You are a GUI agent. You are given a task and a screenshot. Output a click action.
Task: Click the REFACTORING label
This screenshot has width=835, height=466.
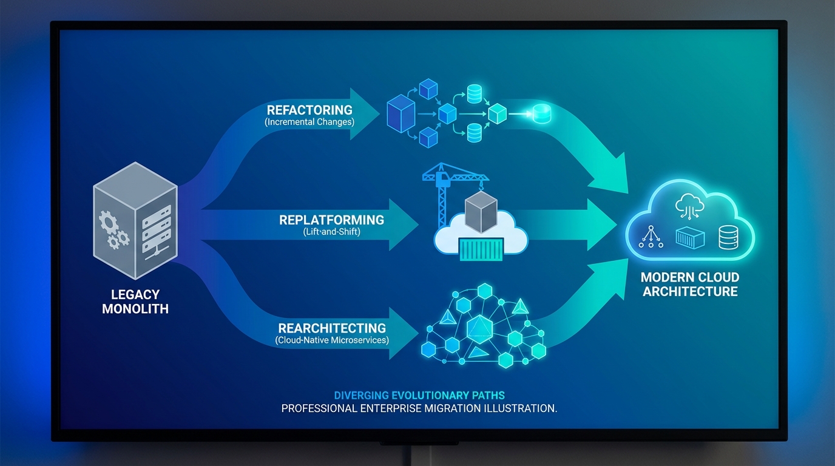309,110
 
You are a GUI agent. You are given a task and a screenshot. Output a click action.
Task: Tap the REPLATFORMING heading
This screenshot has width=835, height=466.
331,220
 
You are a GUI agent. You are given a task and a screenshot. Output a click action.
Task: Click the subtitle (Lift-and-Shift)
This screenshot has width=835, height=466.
331,232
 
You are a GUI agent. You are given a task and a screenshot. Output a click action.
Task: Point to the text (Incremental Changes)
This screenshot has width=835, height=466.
309,121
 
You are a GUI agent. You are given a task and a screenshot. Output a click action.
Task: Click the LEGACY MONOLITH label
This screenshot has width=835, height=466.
135,302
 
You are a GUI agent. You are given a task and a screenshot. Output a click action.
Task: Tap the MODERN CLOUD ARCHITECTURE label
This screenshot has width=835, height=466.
690,285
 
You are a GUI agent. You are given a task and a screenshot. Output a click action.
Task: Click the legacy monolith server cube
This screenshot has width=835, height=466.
135,218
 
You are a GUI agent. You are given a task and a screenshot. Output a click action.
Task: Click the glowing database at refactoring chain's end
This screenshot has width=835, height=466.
540,113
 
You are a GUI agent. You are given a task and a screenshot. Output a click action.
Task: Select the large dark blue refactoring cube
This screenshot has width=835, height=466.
401,113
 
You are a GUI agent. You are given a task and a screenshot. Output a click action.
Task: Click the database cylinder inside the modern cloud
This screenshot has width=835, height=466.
727,237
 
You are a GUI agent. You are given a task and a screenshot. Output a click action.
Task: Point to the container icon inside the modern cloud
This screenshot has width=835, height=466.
690,238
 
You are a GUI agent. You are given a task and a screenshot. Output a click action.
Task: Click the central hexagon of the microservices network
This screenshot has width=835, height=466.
479,330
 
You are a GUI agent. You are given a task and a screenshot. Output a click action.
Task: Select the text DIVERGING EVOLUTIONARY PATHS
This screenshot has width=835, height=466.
419,396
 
